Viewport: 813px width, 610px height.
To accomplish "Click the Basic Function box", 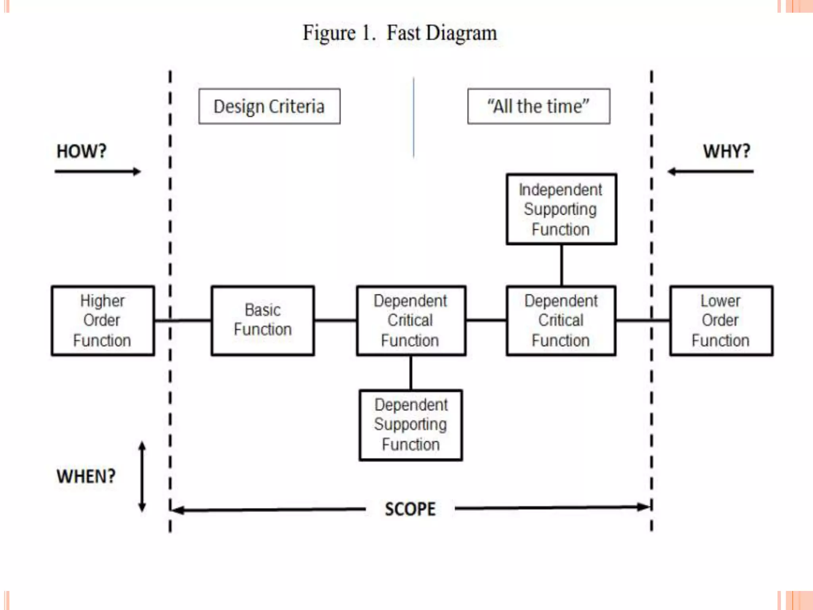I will click(x=263, y=320).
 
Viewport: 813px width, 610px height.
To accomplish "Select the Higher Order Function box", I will click(x=103, y=320).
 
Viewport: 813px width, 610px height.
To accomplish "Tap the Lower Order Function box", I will click(x=721, y=320).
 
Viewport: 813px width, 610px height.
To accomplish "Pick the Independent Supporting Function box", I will click(x=561, y=209).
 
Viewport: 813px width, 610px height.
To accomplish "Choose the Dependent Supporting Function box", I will click(x=411, y=425).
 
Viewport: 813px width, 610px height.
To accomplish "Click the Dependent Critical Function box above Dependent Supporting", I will click(x=411, y=320).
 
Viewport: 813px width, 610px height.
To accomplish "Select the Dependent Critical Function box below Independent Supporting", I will click(x=561, y=320).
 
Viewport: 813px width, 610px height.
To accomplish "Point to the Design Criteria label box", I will click(x=269, y=106).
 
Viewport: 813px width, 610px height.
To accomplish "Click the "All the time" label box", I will click(x=539, y=106).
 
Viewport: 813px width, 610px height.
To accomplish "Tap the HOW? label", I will click(x=82, y=151).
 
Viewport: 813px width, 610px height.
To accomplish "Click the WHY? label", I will click(x=726, y=151).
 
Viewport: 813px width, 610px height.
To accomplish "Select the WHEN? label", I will click(x=86, y=476).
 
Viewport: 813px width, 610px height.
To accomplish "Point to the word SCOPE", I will click(x=410, y=509).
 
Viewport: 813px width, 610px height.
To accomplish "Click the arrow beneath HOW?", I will click(x=98, y=172).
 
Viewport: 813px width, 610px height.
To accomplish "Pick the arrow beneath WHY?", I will click(x=711, y=172).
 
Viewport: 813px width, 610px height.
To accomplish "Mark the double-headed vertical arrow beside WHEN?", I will click(x=142, y=477).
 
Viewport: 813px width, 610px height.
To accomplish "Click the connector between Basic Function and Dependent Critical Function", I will click(x=335, y=320).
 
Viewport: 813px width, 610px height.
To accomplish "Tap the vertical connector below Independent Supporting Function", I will click(x=561, y=265).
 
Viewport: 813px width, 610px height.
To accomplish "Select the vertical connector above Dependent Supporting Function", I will click(x=411, y=373).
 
